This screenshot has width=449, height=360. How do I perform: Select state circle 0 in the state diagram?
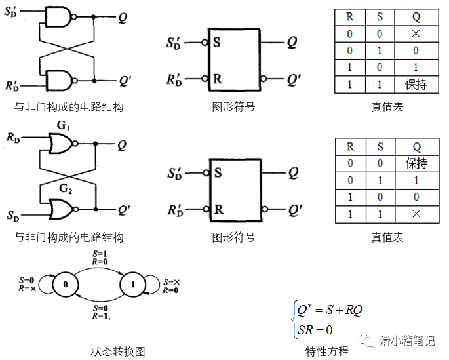click(65, 285)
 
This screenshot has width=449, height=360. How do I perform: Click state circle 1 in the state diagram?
click(133, 285)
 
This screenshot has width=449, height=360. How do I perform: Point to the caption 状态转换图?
click(117, 351)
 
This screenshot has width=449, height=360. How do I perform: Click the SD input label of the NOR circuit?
click(13, 215)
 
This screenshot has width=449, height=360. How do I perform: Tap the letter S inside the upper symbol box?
click(218, 43)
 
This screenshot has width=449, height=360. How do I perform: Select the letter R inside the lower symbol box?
click(218, 210)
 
